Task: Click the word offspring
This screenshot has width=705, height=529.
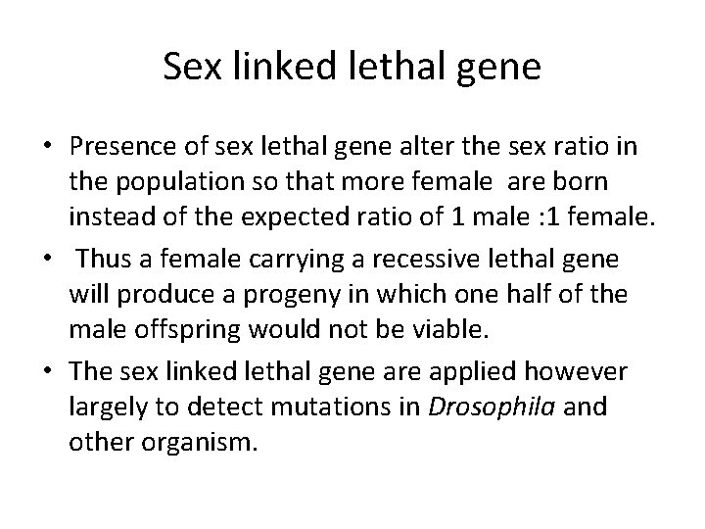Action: click(x=173, y=331)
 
